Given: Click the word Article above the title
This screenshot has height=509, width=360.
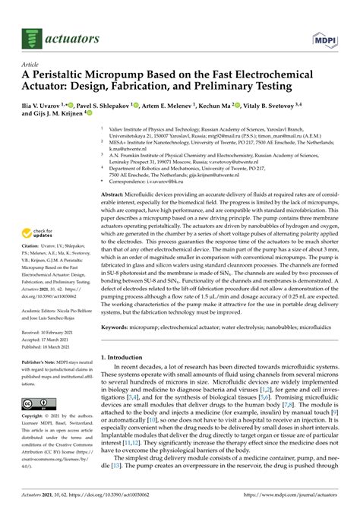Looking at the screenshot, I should [x=33, y=65].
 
